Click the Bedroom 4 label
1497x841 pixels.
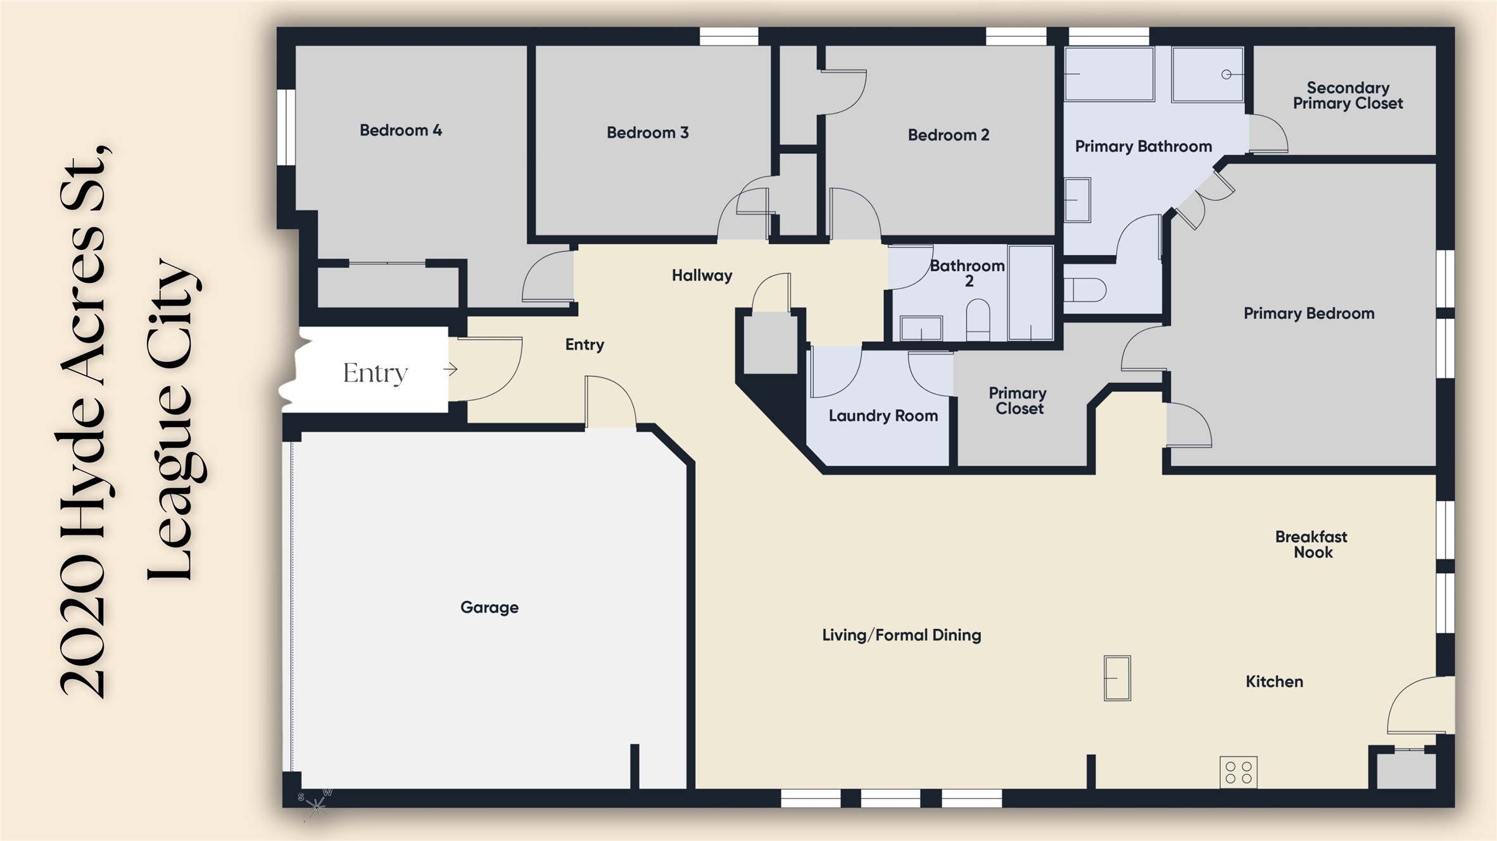[401, 130]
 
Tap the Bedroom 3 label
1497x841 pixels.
[647, 133]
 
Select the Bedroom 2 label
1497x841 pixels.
[948, 135]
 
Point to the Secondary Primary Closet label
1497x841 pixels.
[1348, 96]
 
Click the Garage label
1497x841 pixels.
[490, 607]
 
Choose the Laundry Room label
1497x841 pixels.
[883, 416]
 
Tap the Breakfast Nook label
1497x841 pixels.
[1311, 544]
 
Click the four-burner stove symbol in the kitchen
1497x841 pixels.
[1239, 772]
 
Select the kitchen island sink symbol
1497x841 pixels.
[1117, 678]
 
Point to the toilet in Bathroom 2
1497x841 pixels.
[978, 320]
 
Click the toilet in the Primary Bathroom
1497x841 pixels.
[1085, 290]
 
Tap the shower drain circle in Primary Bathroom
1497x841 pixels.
[1226, 75]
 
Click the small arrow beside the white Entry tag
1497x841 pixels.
[450, 369]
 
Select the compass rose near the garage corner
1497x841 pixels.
[315, 804]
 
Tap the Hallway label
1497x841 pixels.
[702, 276]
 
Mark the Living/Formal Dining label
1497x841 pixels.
[902, 635]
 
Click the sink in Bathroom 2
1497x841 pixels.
[921, 328]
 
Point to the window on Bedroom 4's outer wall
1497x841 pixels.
[287, 127]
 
